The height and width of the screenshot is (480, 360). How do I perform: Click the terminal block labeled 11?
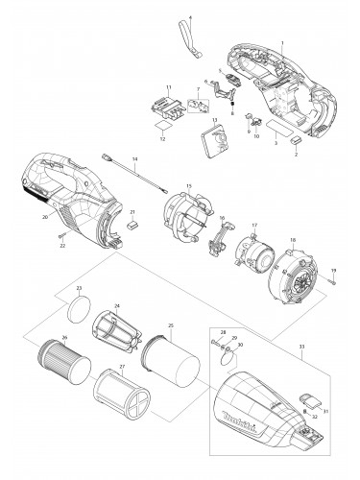164,107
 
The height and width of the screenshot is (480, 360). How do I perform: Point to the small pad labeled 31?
310,396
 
